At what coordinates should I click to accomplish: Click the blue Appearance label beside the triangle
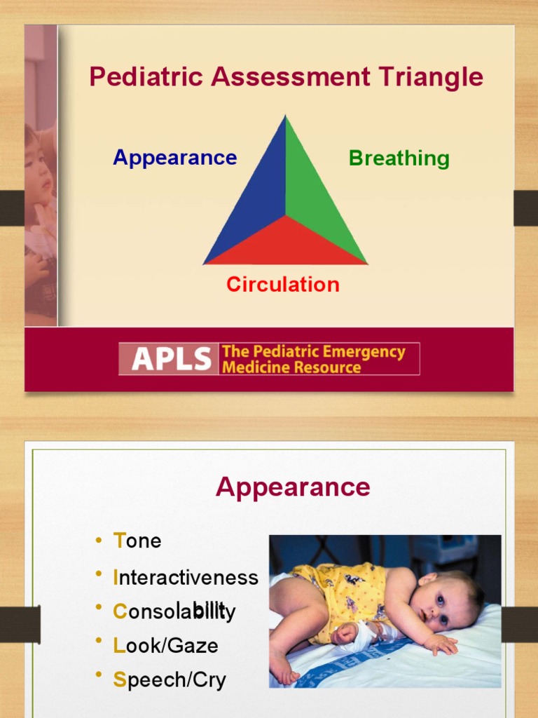(174, 158)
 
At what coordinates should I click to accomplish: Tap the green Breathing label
(399, 158)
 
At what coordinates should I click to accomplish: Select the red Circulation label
(282, 285)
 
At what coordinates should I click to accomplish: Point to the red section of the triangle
(285, 245)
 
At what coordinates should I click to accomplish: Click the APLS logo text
(171, 359)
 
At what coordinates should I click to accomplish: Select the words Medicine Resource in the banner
(291, 367)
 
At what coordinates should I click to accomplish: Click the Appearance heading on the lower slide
(293, 487)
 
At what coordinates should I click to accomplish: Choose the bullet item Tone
(137, 541)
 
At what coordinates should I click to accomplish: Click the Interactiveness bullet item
(185, 577)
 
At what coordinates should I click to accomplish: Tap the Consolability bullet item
(174, 611)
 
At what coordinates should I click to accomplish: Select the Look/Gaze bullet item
(165, 645)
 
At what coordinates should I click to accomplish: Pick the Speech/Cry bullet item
(170, 679)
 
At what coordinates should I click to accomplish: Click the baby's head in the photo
(444, 601)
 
